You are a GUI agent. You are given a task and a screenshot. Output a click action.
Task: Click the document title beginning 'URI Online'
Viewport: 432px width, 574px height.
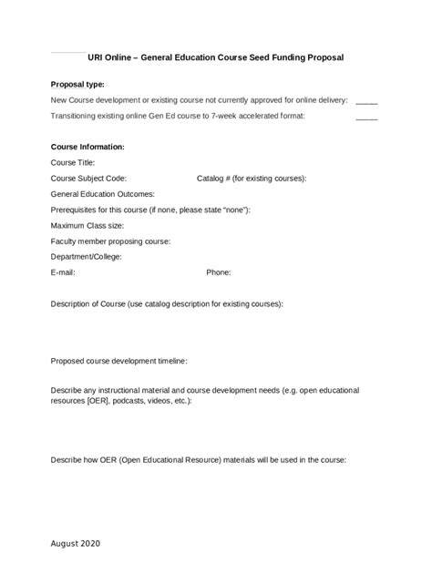[x=216, y=56]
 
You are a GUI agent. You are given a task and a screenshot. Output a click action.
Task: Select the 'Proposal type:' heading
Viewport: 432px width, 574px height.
[x=77, y=83]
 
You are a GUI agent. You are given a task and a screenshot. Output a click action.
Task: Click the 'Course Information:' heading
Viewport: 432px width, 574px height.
[x=87, y=147]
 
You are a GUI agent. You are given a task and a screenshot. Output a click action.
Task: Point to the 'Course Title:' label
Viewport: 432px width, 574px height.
[x=73, y=162]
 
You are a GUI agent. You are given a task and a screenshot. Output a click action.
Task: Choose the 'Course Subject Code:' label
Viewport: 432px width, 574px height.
[x=88, y=179]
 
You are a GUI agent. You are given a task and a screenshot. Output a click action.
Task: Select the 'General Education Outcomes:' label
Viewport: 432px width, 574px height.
[x=102, y=194]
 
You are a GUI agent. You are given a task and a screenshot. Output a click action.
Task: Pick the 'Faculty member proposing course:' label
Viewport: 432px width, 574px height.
[x=110, y=241]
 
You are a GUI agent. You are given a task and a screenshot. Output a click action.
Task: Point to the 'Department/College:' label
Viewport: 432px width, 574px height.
[x=88, y=257]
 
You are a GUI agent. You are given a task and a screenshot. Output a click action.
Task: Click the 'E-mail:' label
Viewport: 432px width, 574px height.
[x=63, y=272]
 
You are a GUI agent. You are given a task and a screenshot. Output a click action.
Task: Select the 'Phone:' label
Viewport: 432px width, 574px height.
[x=219, y=272]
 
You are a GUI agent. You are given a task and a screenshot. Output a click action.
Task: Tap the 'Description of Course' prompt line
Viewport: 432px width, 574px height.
[x=167, y=303]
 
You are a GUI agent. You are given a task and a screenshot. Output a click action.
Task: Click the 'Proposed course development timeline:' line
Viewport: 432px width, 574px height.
[x=118, y=361]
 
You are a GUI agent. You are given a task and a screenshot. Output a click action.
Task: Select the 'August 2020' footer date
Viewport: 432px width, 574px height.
[x=76, y=543]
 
